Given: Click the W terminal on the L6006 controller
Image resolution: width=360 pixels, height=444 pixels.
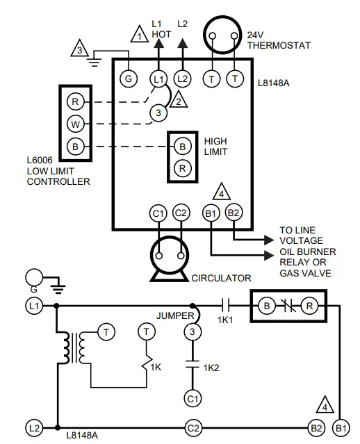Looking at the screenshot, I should point(74,124).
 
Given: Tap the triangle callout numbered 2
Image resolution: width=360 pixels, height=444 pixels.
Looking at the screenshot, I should point(179,100).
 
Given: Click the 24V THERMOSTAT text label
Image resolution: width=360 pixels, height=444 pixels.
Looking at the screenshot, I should point(278,40).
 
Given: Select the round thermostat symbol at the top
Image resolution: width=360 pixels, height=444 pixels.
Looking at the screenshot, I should point(222,35).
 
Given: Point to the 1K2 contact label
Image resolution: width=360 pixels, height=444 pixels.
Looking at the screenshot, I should point(212,367).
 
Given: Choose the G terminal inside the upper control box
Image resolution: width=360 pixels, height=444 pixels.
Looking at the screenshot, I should point(128,79).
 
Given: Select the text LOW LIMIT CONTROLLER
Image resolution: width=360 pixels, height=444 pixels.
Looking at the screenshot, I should point(58,176).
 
